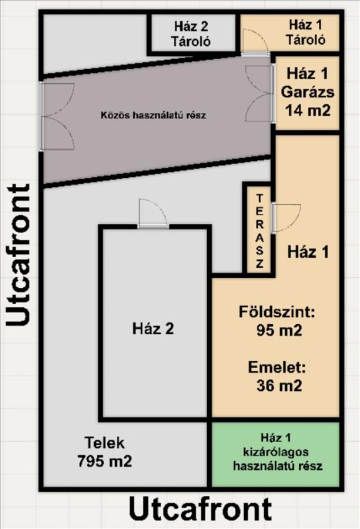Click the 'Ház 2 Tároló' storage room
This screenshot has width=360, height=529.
(x=191, y=34)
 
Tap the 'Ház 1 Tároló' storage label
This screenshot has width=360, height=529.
(x=306, y=32)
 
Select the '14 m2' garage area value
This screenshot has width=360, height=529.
(x=308, y=110)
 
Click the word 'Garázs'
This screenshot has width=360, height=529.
(x=308, y=92)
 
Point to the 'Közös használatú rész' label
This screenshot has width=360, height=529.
(x=153, y=115)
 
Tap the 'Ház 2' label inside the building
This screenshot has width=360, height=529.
(x=153, y=329)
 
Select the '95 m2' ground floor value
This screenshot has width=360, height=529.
(x=279, y=330)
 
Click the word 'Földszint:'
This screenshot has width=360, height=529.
(x=277, y=312)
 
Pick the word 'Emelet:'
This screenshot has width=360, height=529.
(x=277, y=367)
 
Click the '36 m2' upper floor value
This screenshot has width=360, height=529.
(x=279, y=385)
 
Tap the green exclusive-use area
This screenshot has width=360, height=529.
(x=275, y=454)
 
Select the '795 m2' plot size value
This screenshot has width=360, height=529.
(x=105, y=461)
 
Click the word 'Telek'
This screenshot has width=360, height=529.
(x=105, y=443)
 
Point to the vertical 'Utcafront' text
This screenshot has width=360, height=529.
(x=18, y=255)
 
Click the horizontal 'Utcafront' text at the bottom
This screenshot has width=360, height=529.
(x=200, y=509)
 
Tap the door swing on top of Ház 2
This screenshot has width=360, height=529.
(x=153, y=213)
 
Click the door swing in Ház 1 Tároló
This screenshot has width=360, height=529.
(x=255, y=42)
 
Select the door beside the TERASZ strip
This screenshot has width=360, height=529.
(x=287, y=218)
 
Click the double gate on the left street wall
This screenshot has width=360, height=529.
(x=57, y=117)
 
